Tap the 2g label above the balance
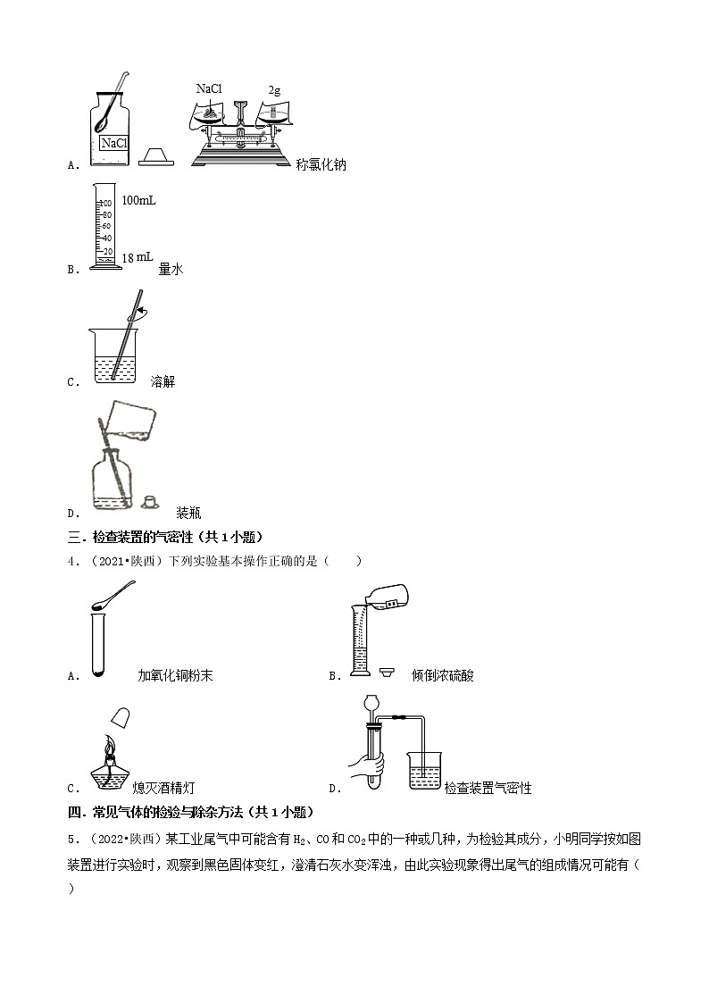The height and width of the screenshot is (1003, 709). (x=274, y=90)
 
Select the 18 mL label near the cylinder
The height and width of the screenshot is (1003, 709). (x=137, y=257)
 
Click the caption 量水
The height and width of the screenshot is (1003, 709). (x=171, y=269)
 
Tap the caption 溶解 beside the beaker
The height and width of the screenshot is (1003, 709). (x=163, y=381)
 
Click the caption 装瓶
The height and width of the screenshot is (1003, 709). (x=188, y=513)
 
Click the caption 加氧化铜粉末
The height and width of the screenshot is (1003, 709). (x=175, y=675)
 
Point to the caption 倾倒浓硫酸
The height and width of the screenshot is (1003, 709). (x=443, y=675)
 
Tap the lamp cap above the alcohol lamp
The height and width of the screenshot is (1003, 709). (x=121, y=716)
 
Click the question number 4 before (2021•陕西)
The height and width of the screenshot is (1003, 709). (x=71, y=561)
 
